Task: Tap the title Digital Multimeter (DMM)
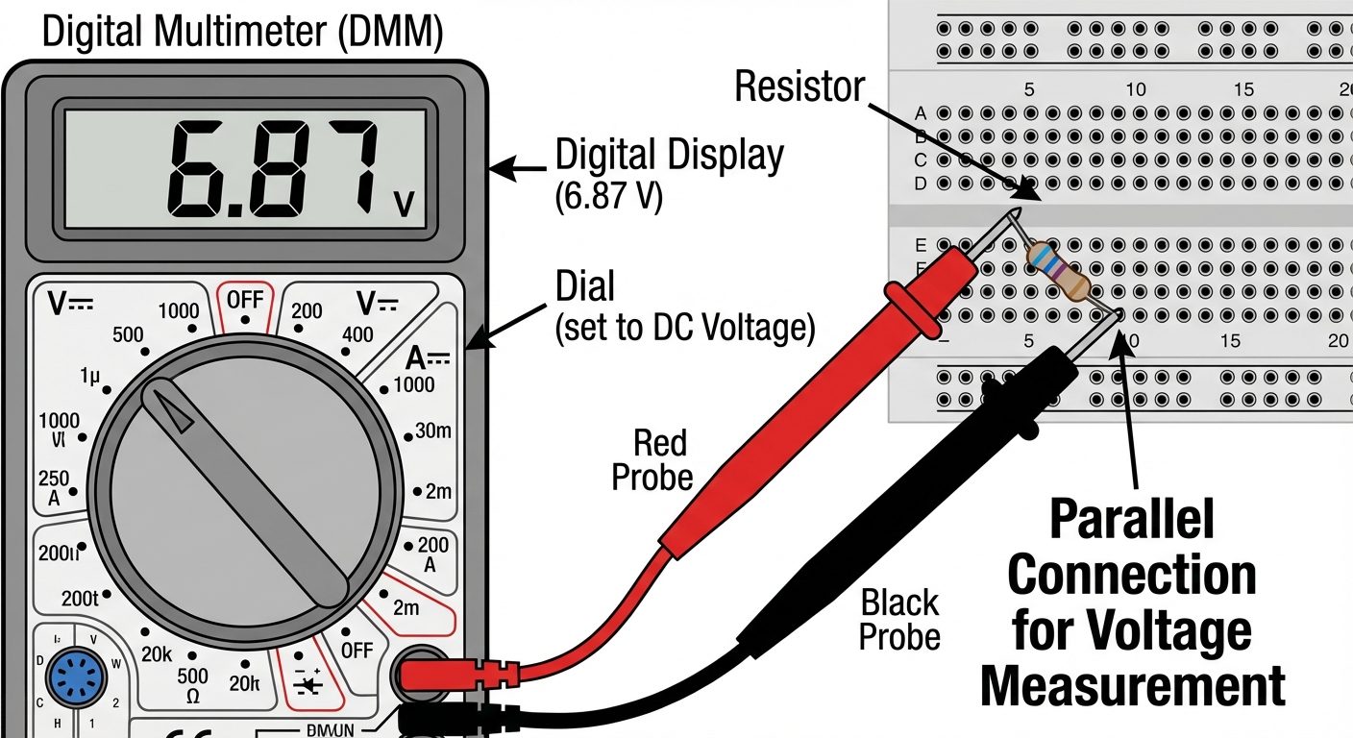click(x=243, y=33)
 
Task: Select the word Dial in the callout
click(x=584, y=285)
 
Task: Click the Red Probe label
click(x=653, y=459)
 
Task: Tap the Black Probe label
click(x=899, y=620)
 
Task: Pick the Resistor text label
click(x=799, y=87)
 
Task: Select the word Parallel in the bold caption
click(x=1131, y=520)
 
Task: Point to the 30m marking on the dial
click(x=432, y=430)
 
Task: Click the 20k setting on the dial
click(x=156, y=653)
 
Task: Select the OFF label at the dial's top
click(x=244, y=298)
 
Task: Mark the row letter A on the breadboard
click(x=921, y=112)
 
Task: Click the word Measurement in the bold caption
click(x=1131, y=686)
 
